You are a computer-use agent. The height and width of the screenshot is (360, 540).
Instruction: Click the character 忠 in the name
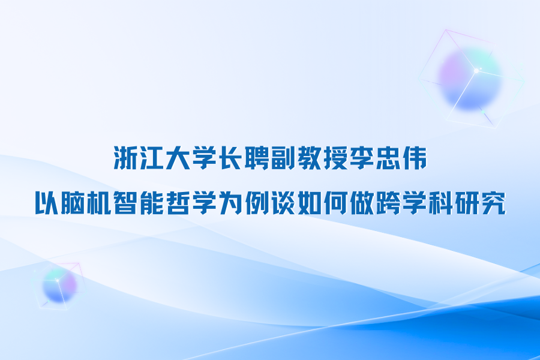388,158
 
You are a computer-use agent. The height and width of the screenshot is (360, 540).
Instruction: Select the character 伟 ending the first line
414,158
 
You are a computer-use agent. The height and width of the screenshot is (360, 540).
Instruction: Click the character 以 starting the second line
47,203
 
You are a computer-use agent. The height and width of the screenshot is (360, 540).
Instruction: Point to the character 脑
73,203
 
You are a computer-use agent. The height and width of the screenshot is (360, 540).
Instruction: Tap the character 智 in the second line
125,203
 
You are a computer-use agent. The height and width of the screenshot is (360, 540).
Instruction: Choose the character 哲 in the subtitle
178,203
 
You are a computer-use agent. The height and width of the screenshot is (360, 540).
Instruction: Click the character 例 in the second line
257,203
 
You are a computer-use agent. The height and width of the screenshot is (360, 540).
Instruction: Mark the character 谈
283,203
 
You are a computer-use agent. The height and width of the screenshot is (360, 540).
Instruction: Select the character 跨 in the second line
388,203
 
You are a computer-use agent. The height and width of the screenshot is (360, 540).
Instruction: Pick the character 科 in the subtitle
440,203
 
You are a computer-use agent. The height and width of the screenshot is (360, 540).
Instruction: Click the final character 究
493,203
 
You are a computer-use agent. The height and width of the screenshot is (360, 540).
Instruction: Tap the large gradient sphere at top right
470,79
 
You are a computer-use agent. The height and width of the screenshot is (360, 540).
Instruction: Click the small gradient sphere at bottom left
59,286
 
